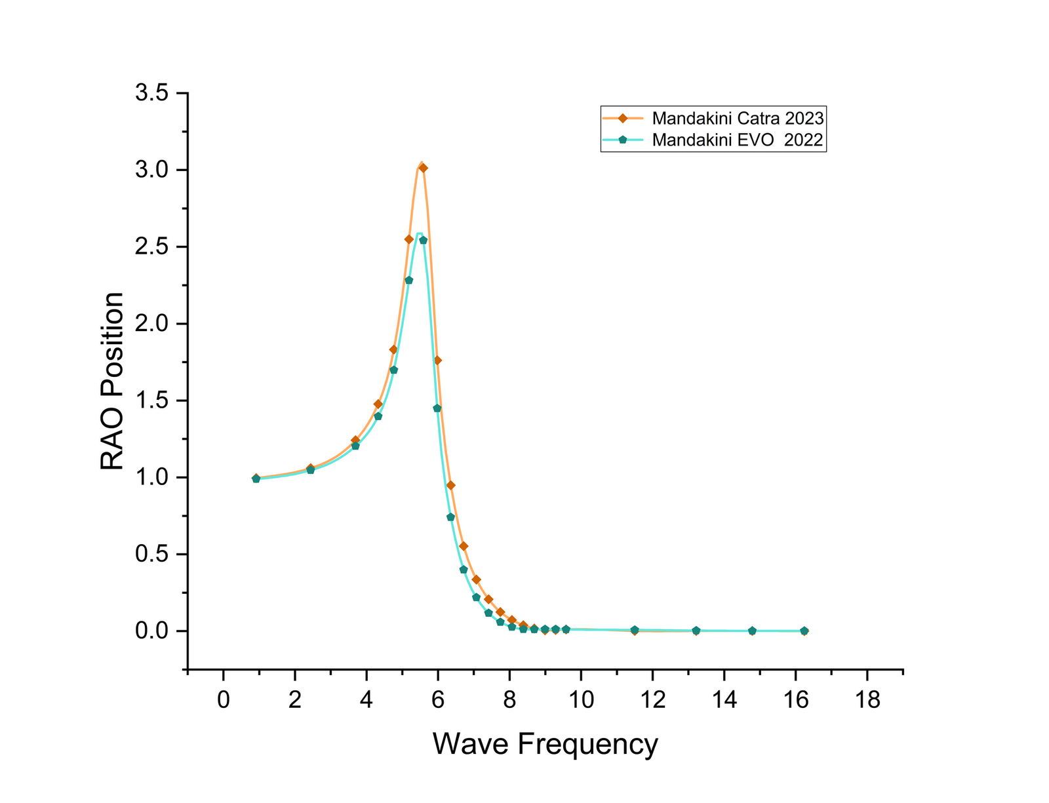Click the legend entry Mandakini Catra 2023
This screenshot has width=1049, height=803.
(x=738, y=119)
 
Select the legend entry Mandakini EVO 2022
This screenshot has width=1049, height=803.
(x=738, y=140)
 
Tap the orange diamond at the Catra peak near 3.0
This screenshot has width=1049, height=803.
(x=424, y=168)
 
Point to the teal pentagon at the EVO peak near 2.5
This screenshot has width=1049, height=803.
(x=424, y=240)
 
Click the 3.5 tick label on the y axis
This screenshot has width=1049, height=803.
(x=151, y=93)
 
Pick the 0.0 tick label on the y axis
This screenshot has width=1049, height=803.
(x=151, y=631)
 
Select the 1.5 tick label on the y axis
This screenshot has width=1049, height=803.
(x=151, y=401)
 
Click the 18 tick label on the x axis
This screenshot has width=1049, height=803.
(x=867, y=700)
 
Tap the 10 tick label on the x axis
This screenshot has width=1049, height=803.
(x=581, y=700)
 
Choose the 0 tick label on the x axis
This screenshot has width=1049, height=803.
(x=224, y=700)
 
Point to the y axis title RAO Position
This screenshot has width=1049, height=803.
(x=112, y=381)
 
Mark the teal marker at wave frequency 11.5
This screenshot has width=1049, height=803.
(x=635, y=630)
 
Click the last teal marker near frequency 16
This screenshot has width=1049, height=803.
(x=804, y=631)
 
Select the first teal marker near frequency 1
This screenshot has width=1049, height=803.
(x=256, y=479)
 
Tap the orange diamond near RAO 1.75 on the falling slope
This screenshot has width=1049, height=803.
(x=437, y=360)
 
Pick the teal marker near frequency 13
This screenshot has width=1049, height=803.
(x=696, y=631)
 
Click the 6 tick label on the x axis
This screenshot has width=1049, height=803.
(x=438, y=700)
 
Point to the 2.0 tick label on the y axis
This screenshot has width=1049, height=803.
(x=151, y=324)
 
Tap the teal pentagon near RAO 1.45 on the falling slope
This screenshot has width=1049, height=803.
(x=437, y=408)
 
